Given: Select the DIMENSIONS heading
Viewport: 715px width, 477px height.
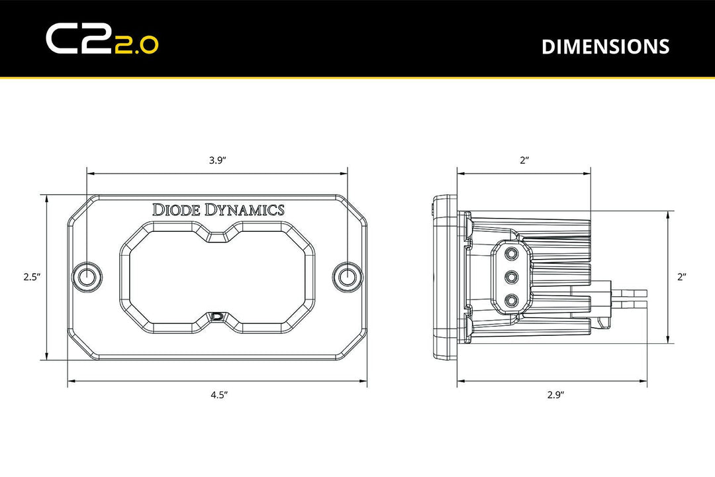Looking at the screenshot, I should [605, 46].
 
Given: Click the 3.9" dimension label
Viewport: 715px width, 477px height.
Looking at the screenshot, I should [217, 160].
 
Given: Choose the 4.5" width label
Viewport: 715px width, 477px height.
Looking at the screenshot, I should [219, 396].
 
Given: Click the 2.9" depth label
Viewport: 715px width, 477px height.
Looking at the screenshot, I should [555, 396].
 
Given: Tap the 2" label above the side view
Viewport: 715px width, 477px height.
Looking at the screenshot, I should [524, 160].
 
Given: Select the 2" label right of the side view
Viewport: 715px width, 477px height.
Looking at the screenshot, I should [682, 278].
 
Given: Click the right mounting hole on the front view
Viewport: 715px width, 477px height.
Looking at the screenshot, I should [347, 277].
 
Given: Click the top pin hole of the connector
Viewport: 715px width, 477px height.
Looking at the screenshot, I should [511, 253].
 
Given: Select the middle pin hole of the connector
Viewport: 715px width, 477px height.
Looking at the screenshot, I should [511, 277].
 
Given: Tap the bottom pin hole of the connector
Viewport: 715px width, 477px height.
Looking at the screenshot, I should [511, 301].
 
